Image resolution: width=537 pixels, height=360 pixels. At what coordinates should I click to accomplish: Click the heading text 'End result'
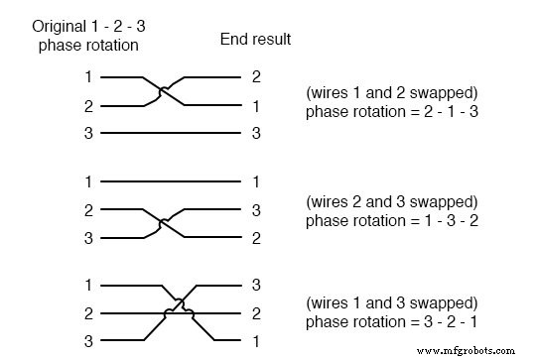tap(255, 40)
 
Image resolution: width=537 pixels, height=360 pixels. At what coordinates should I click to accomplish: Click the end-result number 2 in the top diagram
tap(256, 76)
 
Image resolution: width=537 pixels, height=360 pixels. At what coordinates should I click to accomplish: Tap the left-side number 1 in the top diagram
tap(87, 76)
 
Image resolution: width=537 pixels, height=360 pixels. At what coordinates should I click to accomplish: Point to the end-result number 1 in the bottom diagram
tap(256, 342)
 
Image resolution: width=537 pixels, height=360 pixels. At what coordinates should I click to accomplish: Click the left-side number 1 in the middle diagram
tap(87, 181)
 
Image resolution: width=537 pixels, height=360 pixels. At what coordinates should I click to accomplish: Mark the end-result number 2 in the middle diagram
tap(256, 238)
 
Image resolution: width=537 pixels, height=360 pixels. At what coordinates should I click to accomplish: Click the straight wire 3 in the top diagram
tap(170, 133)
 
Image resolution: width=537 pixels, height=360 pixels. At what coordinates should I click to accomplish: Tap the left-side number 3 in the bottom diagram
tap(87, 342)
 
